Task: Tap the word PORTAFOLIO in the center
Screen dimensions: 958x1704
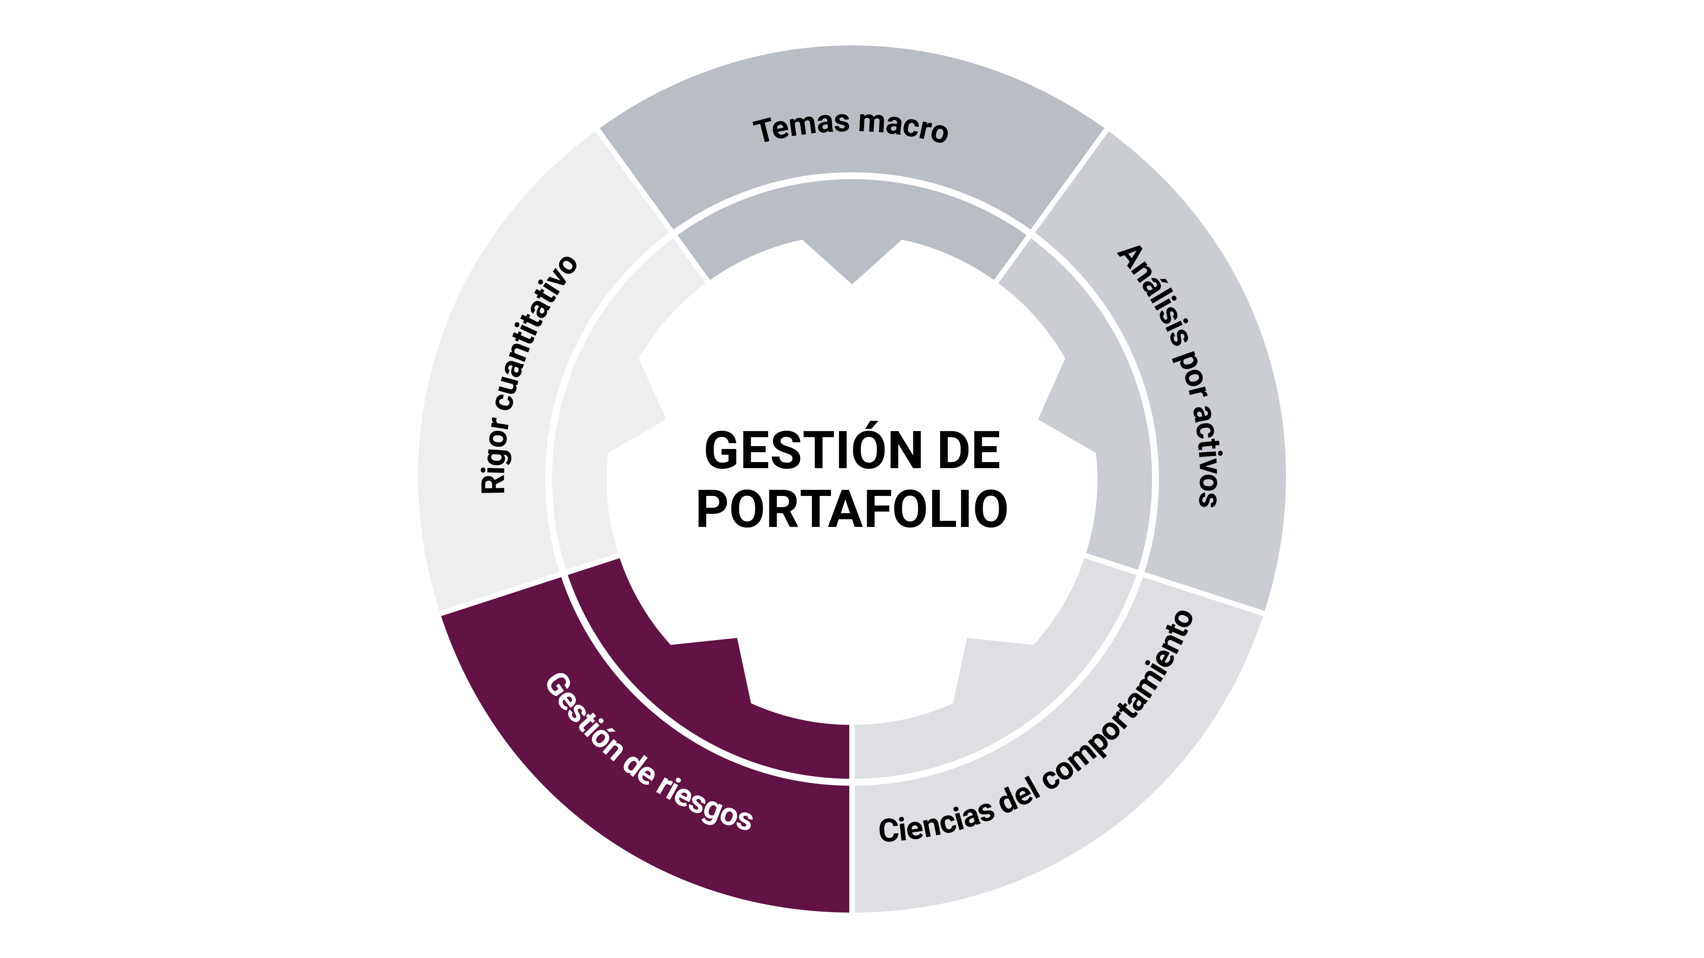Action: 852,509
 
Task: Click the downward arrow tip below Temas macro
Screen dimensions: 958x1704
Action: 852,278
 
